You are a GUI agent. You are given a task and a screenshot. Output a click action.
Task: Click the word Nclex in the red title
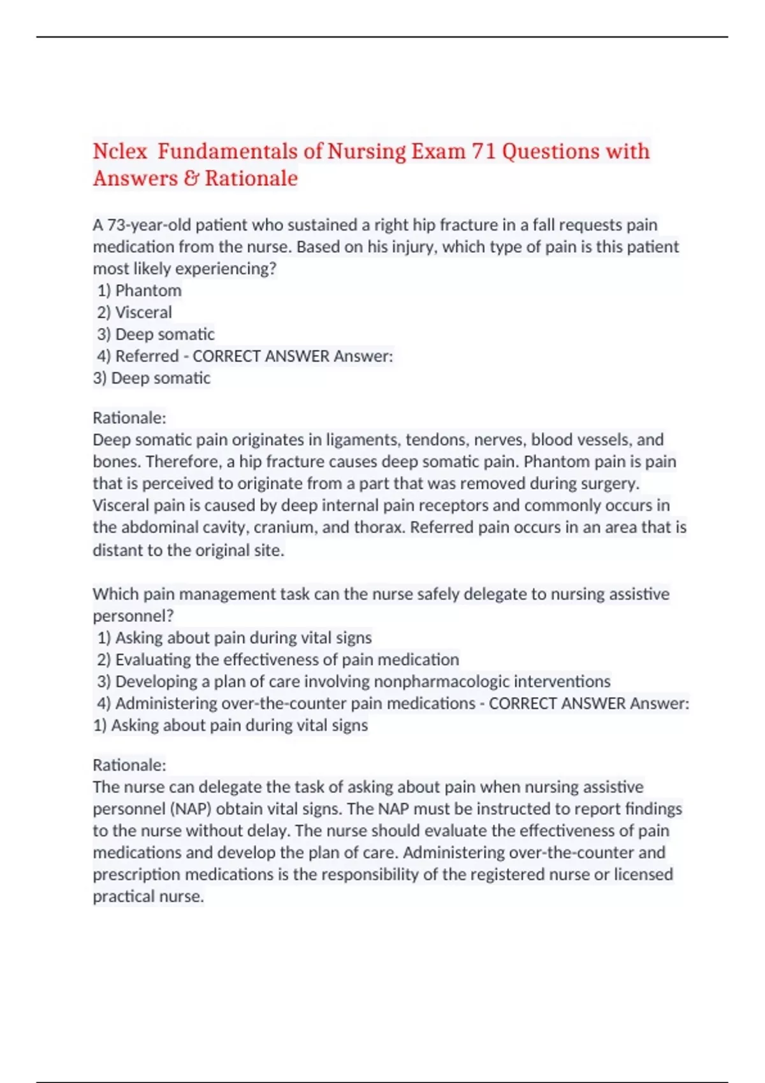120,152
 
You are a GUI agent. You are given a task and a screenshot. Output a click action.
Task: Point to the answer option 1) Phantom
140,290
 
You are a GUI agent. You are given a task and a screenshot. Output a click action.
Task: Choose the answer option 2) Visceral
135,312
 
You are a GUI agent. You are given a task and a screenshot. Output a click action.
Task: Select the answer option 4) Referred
138,356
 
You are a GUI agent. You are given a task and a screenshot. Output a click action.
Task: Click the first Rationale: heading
129,418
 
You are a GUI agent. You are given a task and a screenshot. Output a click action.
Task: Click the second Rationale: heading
129,765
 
